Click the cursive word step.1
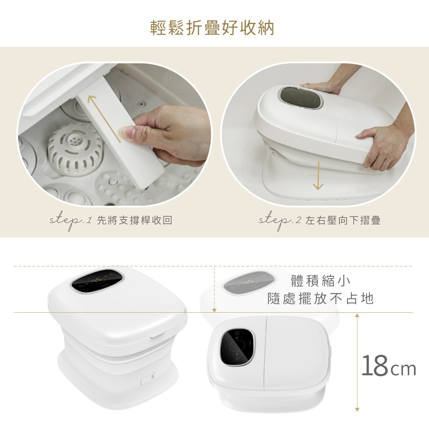[x=70, y=221]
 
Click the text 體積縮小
[x=320, y=281]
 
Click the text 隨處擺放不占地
[x=320, y=299]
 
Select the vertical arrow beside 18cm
[x=357, y=363]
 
